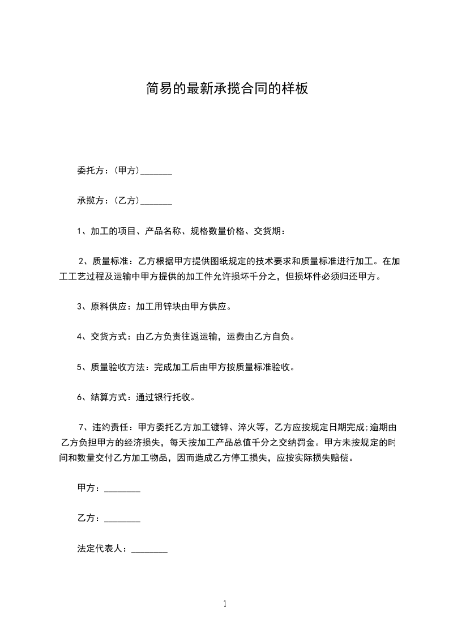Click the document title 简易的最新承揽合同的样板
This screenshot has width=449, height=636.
tap(226, 89)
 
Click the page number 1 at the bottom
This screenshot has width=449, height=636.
tap(225, 604)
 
